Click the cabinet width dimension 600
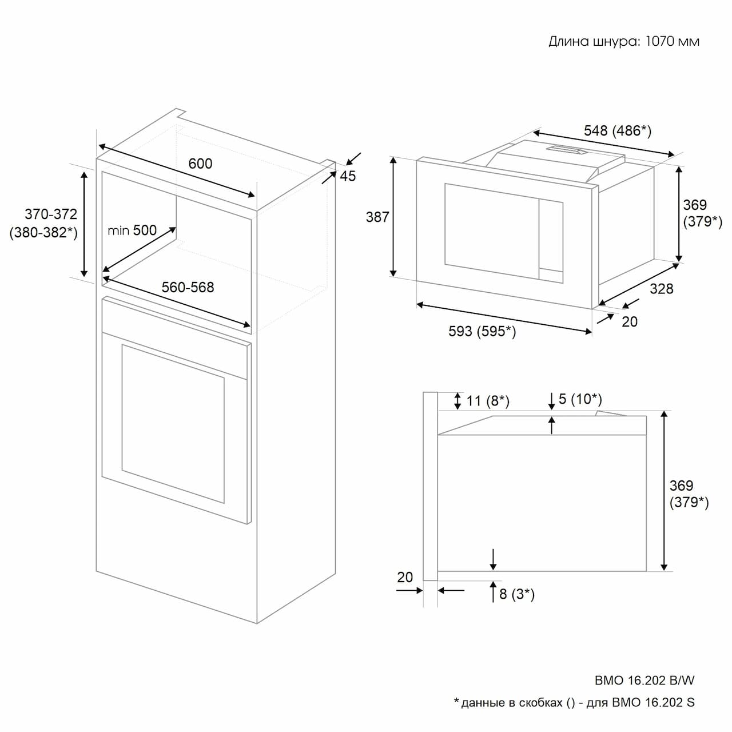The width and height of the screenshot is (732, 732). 200,164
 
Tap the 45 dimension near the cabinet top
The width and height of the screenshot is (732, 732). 348,176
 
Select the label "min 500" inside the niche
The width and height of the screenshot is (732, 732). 132,230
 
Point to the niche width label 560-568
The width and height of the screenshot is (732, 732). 188,287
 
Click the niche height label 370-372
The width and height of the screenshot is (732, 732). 51,214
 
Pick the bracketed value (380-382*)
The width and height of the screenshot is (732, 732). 43,233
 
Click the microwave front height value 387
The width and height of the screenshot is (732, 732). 377,217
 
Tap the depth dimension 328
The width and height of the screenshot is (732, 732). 661,289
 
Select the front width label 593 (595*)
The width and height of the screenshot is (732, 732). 482,331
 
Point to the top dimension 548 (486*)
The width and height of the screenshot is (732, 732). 617,131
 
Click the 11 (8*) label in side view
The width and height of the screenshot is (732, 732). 488,401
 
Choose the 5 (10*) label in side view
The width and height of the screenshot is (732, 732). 580,399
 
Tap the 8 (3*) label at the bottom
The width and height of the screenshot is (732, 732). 517,594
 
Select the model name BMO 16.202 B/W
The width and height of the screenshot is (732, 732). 645,681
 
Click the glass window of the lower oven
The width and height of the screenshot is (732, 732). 173,424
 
